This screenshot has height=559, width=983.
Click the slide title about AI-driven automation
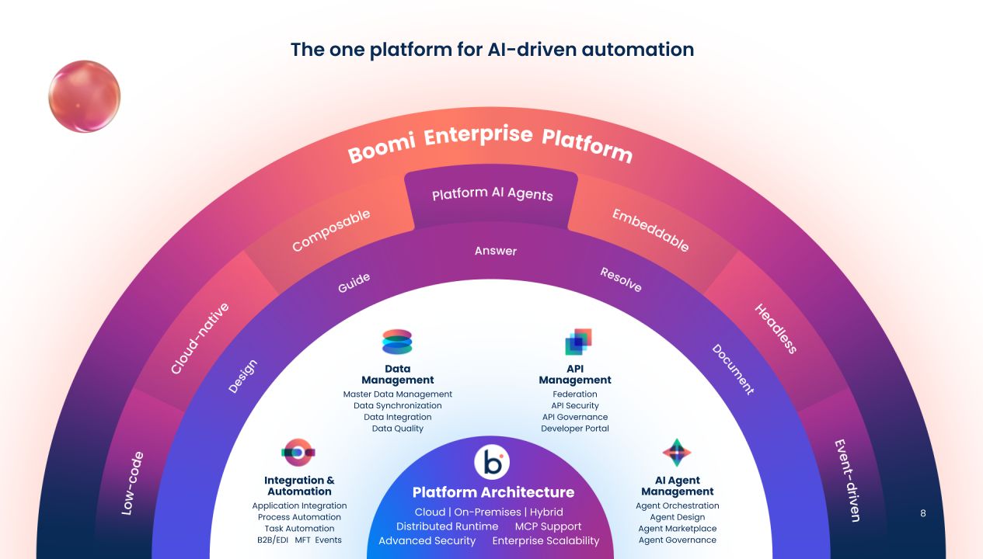click(x=492, y=50)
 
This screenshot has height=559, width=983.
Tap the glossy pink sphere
click(x=84, y=96)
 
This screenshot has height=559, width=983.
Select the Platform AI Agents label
click(x=492, y=194)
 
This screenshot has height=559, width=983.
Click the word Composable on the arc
click(x=331, y=231)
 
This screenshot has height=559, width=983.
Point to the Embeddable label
click(x=650, y=230)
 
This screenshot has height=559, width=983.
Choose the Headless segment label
click(x=776, y=328)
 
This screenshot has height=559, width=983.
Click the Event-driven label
click(x=847, y=480)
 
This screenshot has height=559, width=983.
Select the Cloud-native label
click(x=200, y=339)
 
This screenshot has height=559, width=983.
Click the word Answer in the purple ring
click(x=496, y=251)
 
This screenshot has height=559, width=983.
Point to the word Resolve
click(x=621, y=279)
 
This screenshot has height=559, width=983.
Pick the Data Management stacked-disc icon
click(x=397, y=342)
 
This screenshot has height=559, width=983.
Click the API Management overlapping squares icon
click(x=578, y=342)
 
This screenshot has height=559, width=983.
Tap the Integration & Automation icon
click(x=298, y=451)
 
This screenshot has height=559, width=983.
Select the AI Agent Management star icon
click(x=677, y=452)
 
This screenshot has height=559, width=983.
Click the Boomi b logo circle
click(x=491, y=463)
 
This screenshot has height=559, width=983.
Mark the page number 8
click(x=922, y=513)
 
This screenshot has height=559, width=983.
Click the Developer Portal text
click(x=575, y=429)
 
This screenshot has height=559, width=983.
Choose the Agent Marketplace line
click(x=678, y=529)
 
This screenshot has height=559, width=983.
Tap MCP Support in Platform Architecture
click(x=548, y=526)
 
